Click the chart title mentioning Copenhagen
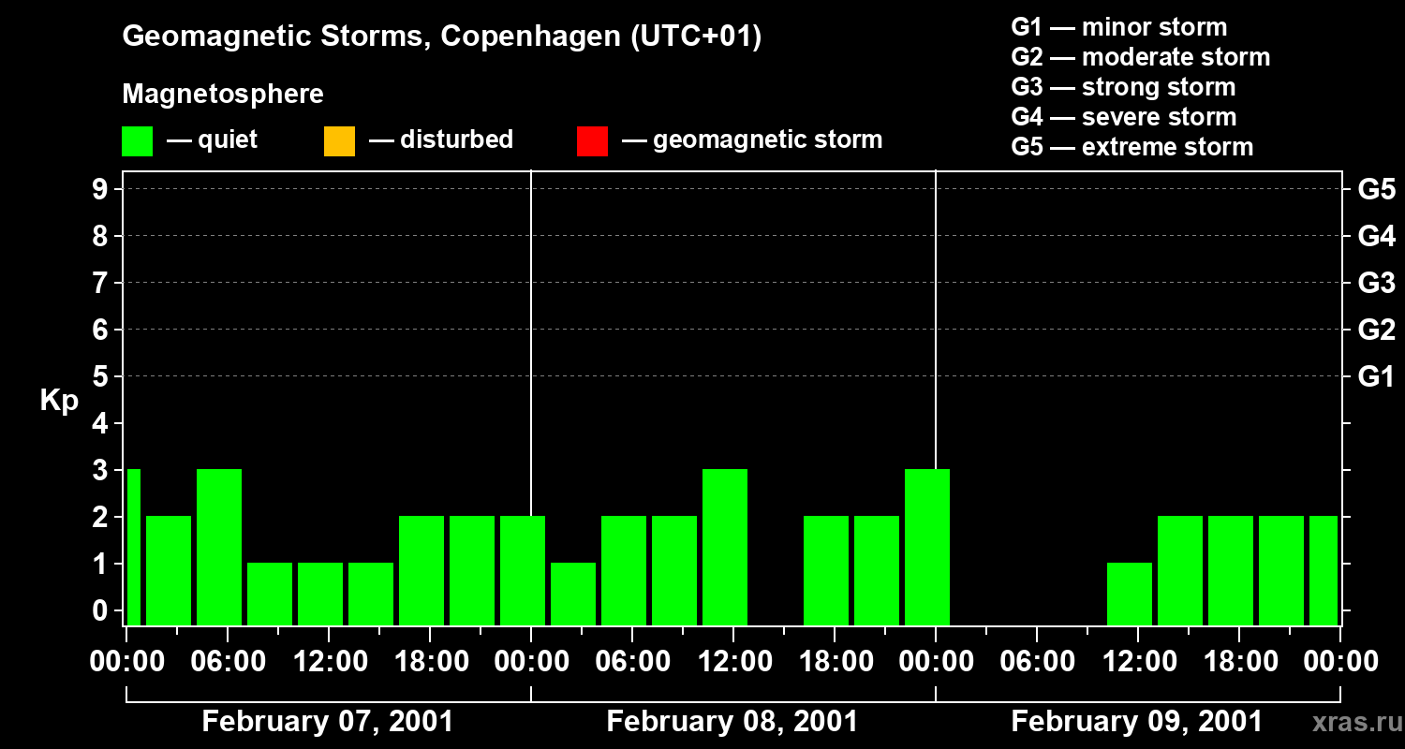(x=441, y=37)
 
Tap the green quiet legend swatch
(x=137, y=141)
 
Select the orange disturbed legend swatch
(x=339, y=141)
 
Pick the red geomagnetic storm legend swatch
(x=592, y=141)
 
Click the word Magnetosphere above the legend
(x=223, y=95)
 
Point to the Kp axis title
(x=59, y=401)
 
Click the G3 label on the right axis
(x=1376, y=283)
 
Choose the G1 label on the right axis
(x=1376, y=377)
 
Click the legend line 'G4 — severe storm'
(x=1124, y=117)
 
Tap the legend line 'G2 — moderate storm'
(x=1141, y=57)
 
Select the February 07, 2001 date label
(x=328, y=722)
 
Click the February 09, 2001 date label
(x=1137, y=722)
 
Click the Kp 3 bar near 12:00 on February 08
(x=725, y=547)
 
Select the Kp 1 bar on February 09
(x=1130, y=594)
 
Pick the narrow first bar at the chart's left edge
(x=133, y=547)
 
